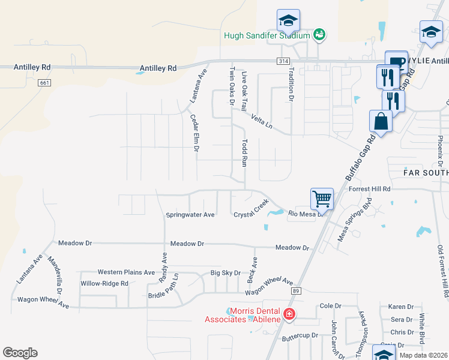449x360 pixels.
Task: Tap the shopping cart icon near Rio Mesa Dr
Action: point(322,199)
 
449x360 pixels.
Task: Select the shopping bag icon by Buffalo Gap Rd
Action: point(381,121)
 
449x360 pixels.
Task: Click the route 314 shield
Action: point(284,61)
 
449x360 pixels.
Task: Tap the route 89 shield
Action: point(295,291)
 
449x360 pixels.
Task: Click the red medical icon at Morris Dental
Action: point(289,314)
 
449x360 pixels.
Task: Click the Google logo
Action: point(20,353)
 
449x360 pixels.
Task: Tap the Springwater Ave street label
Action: point(190,214)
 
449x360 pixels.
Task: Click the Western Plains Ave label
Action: point(126,272)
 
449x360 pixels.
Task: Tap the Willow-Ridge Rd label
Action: point(104,283)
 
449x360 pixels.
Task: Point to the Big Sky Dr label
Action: point(225,273)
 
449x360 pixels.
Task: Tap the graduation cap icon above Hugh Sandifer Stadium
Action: point(288,20)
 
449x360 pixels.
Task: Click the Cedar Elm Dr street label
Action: point(195,133)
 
